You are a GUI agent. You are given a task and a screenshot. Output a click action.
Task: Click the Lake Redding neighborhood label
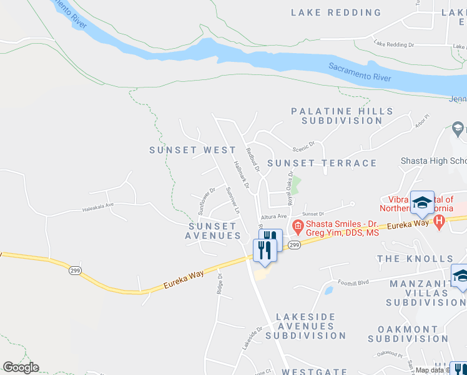336,12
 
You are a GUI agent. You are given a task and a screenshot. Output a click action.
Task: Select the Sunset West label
192,150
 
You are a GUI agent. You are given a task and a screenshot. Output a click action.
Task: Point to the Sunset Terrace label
322,163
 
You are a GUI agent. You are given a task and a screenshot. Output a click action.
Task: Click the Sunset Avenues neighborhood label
214,231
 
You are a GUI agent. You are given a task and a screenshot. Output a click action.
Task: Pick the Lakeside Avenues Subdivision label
310,326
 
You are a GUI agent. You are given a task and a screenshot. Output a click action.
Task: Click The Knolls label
415,259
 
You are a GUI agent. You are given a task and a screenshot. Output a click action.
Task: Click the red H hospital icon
439,221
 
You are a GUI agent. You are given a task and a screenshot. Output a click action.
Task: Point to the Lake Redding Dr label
394,45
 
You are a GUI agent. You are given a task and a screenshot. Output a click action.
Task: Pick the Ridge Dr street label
220,283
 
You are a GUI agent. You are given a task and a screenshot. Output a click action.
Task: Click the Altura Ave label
273,216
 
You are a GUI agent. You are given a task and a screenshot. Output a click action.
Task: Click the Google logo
21,367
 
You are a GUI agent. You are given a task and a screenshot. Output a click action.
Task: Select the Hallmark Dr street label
241,174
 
